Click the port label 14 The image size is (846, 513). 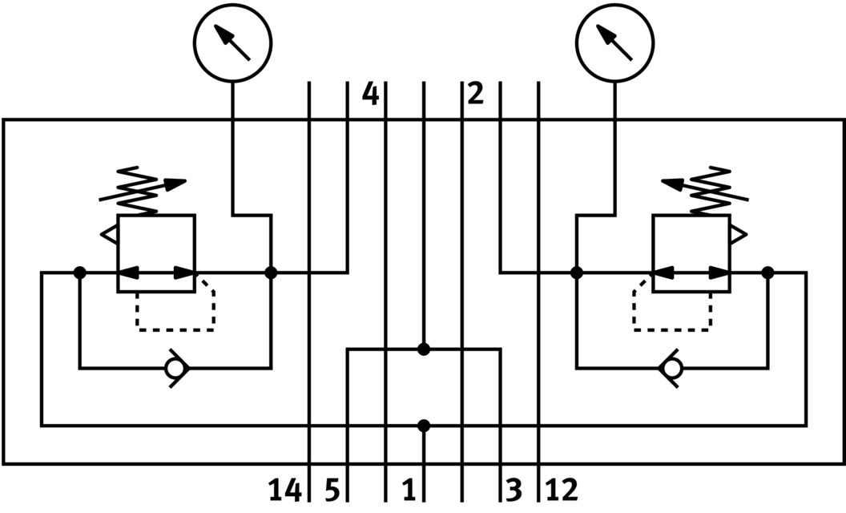coord(284,489)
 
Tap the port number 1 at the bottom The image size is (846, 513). coord(408,489)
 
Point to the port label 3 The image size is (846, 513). coord(514,489)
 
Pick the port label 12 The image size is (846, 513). coord(562,489)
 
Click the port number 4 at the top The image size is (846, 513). coord(369,95)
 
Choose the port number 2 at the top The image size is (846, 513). coord(475,95)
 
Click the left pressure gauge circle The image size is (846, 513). coord(233,40)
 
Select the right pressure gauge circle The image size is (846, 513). coord(616,40)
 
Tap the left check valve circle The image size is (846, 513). coord(174,369)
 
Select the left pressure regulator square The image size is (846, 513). coord(156,253)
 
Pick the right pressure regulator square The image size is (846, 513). coord(691,253)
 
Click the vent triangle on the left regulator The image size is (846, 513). coord(109,234)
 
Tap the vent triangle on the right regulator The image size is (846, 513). coord(738,234)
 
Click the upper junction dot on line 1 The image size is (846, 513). coord(424,349)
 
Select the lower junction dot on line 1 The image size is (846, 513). coord(424,425)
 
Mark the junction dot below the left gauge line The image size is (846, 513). coord(271,273)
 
